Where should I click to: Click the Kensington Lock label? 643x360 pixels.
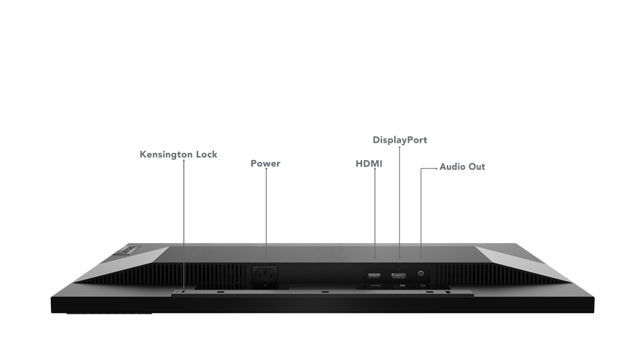pyautogui.click(x=178, y=154)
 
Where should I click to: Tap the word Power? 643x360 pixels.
pyautogui.click(x=265, y=163)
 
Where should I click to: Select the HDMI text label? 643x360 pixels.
pyautogui.click(x=369, y=164)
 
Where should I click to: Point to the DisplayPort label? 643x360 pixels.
pyautogui.click(x=400, y=139)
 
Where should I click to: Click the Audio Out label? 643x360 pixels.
pyautogui.click(x=462, y=166)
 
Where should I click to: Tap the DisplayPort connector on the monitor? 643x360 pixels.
pyautogui.click(x=399, y=275)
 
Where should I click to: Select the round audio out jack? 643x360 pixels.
pyautogui.click(x=422, y=273)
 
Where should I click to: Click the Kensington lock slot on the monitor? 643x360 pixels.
pyautogui.click(x=183, y=291)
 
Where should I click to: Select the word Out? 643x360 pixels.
pyautogui.click(x=477, y=166)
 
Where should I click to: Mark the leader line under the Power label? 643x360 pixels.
pyautogui.click(x=266, y=206)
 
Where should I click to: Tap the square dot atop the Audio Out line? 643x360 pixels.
pyautogui.click(x=422, y=170)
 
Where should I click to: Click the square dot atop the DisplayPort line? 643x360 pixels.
pyautogui.click(x=399, y=148)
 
